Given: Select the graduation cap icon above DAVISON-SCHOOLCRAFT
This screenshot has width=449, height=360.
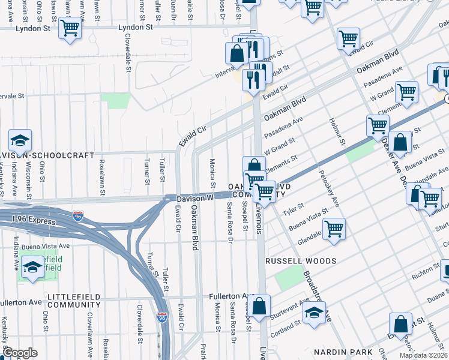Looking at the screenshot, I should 20,141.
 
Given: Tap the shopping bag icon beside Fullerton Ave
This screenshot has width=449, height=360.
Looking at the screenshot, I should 259,305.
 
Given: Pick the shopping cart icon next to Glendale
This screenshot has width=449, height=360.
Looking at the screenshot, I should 334,229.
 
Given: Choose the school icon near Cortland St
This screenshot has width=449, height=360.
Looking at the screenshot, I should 313,313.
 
